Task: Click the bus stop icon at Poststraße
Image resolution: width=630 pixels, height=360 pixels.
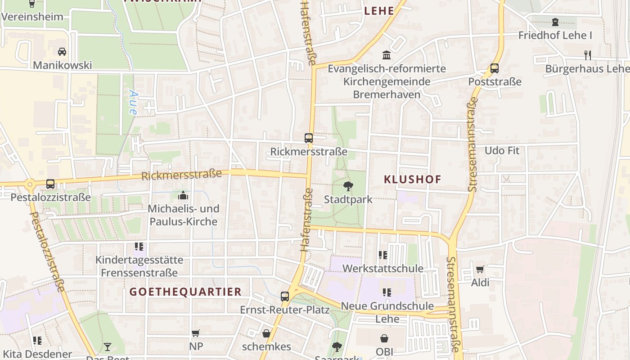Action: pyautogui.click(x=495, y=68)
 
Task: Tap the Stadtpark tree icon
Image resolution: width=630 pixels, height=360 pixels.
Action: pyautogui.click(x=348, y=186)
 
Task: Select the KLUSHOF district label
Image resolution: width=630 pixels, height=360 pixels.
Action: pyautogui.click(x=412, y=179)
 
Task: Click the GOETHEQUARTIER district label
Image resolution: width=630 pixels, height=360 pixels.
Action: pyautogui.click(x=185, y=292)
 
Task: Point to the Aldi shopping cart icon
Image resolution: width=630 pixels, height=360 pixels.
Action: pyautogui.click(x=480, y=270)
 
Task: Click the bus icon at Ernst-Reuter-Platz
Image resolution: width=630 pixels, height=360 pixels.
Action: pyautogui.click(x=284, y=296)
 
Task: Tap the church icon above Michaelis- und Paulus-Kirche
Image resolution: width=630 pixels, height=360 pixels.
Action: pyautogui.click(x=183, y=195)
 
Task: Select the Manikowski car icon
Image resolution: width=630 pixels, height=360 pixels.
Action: pyautogui.click(x=62, y=52)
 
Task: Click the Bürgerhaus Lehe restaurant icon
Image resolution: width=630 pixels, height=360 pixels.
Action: pyautogui.click(x=587, y=55)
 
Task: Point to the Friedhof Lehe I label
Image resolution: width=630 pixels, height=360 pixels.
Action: pyautogui.click(x=555, y=35)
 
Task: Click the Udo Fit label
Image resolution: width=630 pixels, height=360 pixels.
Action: pyautogui.click(x=502, y=150)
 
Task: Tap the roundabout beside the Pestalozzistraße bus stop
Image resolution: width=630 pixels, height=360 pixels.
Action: pyautogui.click(x=30, y=184)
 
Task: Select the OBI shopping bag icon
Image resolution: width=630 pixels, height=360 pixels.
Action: pyautogui.click(x=384, y=338)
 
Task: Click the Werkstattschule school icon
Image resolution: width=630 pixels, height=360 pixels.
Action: pyautogui.click(x=383, y=255)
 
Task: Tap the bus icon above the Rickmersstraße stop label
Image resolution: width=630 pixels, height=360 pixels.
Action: pyautogui.click(x=308, y=138)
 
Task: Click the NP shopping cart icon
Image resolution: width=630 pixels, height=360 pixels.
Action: pyautogui.click(x=195, y=333)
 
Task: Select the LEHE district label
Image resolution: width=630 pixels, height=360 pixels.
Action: pyautogui.click(x=379, y=11)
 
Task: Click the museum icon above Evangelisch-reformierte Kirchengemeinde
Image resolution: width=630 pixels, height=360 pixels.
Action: pyautogui.click(x=386, y=55)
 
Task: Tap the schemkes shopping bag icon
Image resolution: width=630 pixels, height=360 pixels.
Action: pyautogui.click(x=266, y=333)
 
